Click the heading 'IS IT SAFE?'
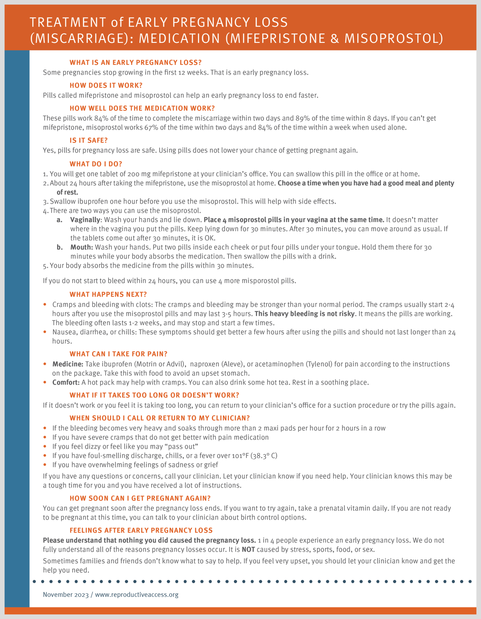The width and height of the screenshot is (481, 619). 89,141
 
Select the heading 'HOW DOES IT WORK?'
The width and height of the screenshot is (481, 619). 106,86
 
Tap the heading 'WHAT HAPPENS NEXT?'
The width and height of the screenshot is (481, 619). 108,294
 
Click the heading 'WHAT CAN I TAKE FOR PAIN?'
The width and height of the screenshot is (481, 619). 118,354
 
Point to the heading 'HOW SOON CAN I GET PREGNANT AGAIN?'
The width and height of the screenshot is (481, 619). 140,498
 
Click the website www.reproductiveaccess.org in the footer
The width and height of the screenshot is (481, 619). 137,595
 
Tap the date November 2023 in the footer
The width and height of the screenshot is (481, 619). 66,595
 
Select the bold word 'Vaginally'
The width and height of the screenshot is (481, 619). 85,220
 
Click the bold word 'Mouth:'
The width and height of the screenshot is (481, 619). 82,247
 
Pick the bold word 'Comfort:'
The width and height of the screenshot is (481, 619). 66,382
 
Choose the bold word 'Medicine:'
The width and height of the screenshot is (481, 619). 68,364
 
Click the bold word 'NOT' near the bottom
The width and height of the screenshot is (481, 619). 248,549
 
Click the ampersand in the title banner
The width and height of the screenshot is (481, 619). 334,39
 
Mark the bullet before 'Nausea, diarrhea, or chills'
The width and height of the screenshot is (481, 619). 45,332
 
